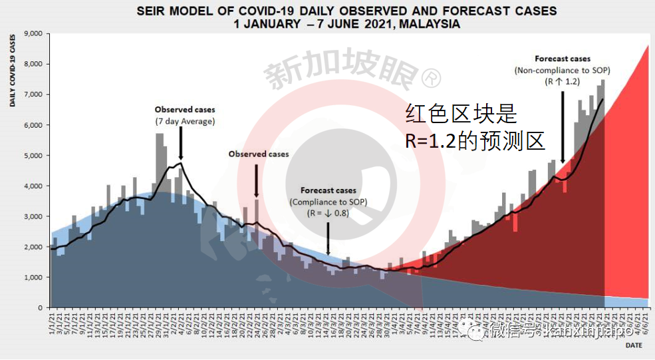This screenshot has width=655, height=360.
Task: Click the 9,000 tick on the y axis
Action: click(33, 34)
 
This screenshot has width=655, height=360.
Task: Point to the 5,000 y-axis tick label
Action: click(33, 156)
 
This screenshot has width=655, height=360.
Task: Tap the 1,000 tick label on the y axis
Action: click(33, 277)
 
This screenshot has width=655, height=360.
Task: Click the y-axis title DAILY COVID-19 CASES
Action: click(13, 69)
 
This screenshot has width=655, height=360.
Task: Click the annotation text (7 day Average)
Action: click(185, 121)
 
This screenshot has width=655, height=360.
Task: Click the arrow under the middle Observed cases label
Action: click(256, 180)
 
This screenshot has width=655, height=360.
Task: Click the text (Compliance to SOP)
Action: click(328, 202)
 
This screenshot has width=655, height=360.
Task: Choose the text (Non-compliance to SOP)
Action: click(562, 70)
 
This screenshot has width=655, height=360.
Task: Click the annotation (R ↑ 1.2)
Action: click(563, 81)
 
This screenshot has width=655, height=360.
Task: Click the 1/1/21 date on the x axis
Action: click(51, 326)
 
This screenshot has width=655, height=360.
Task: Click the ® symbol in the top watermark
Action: click(432, 79)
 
